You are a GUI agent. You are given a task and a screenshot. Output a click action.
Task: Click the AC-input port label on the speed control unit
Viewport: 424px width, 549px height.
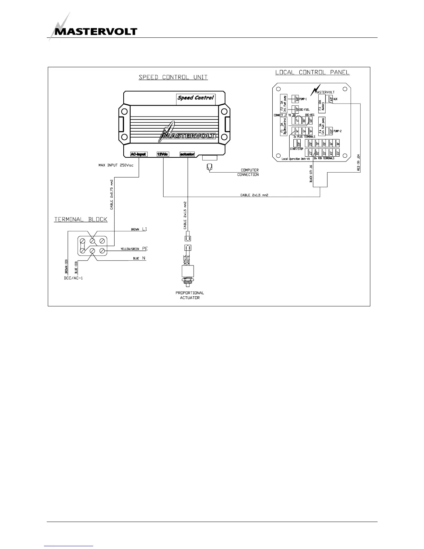coord(138,154)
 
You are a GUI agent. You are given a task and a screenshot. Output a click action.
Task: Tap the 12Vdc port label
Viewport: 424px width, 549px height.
coord(162,154)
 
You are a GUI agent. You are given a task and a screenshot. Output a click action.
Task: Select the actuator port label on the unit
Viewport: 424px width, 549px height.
coord(187,154)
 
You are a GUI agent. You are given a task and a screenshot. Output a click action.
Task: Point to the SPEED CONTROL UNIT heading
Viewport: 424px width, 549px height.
coord(173,77)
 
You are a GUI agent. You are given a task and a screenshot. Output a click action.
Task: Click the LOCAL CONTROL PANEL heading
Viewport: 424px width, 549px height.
coord(312,72)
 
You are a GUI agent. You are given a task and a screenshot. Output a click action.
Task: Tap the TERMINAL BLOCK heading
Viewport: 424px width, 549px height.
coord(81,219)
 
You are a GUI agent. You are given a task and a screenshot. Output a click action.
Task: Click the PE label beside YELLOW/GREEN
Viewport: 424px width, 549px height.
coord(145,249)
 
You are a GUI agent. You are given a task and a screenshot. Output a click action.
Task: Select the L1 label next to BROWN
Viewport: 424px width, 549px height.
coord(145,229)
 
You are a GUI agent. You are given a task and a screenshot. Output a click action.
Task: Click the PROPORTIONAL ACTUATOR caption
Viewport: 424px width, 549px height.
coord(189,295)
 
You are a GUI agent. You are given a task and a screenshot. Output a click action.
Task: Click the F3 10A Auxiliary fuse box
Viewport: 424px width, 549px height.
coord(321,105)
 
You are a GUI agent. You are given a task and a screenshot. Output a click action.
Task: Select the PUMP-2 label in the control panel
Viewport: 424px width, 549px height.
coord(338,131)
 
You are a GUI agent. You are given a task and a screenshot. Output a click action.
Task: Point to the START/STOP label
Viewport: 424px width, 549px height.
coord(297,149)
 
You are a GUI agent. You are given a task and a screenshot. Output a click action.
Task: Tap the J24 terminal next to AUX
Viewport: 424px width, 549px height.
coord(330,99)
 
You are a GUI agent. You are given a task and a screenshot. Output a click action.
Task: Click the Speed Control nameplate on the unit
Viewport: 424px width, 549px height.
coord(196,98)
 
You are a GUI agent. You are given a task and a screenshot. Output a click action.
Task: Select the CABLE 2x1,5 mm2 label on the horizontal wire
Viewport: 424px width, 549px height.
coord(254,195)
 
